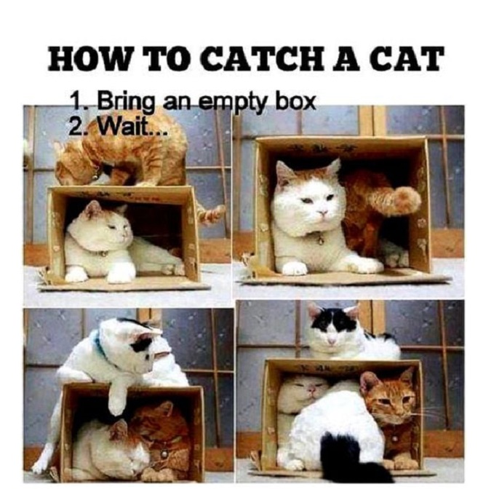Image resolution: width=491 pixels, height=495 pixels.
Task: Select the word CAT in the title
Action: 407,59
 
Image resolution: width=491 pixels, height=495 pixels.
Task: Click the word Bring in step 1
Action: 126,103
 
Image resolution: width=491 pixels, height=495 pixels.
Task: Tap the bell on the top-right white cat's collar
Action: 320,240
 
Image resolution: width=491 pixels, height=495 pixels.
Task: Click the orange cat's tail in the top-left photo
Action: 211,213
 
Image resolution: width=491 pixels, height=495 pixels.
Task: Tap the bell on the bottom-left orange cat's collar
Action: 164,454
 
